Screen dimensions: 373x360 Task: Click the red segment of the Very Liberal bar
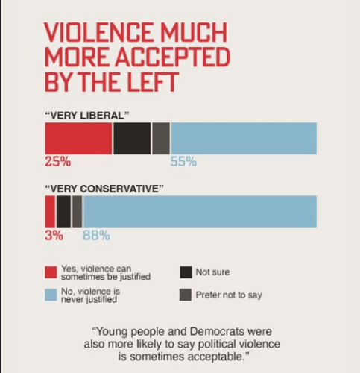(x=78, y=138)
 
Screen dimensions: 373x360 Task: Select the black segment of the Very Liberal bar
(x=132, y=138)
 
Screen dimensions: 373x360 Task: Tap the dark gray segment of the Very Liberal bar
(x=161, y=138)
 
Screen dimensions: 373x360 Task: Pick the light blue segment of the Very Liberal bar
(x=244, y=138)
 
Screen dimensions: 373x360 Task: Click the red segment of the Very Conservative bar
(x=50, y=211)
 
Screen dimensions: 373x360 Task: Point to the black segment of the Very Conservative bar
(x=63, y=211)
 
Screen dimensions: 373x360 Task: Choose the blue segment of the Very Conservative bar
(x=199, y=211)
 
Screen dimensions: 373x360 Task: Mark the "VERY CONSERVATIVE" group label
(x=104, y=189)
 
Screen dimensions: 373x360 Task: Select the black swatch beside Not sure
(x=186, y=272)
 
